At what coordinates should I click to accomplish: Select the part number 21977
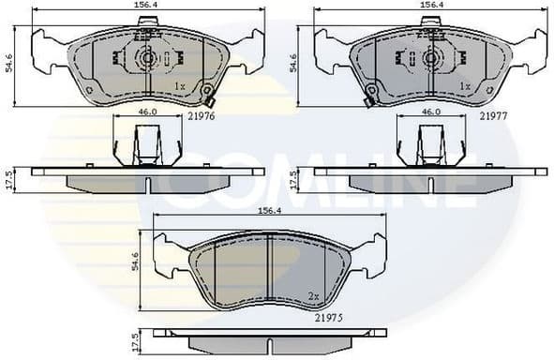click(x=494, y=115)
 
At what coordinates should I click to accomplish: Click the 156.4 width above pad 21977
click(x=431, y=6)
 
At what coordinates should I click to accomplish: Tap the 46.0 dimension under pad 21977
click(x=430, y=112)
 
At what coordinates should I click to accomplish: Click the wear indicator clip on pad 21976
click(x=210, y=99)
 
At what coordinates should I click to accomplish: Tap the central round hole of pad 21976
click(x=147, y=58)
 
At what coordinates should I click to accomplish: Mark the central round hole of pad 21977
click(x=431, y=58)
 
